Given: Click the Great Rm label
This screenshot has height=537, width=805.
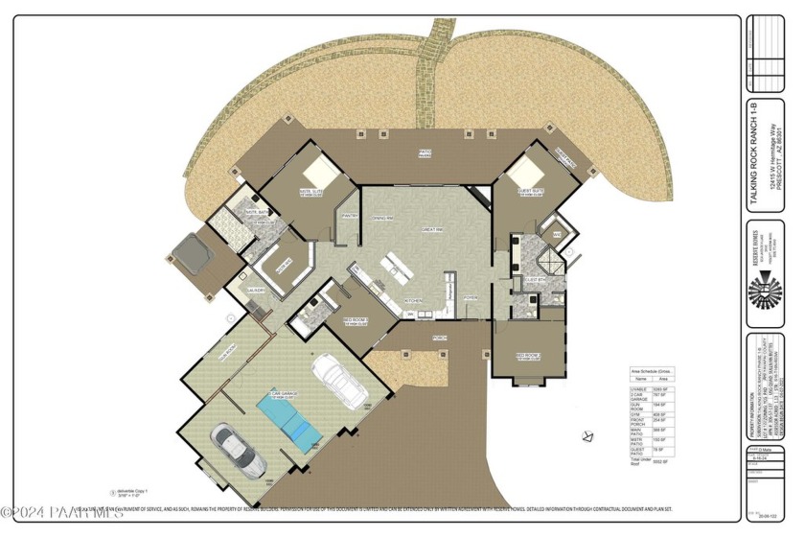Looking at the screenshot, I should (429, 229).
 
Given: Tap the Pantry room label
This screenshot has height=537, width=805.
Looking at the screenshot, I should (349, 217).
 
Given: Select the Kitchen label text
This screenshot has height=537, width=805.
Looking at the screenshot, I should (413, 300).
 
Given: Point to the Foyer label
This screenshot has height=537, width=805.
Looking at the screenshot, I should (471, 298).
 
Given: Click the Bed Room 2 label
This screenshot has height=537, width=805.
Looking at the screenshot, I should (529, 354).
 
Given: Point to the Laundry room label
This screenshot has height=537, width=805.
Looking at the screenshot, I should (255, 290).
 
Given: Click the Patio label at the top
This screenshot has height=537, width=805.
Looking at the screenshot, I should (424, 152).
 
